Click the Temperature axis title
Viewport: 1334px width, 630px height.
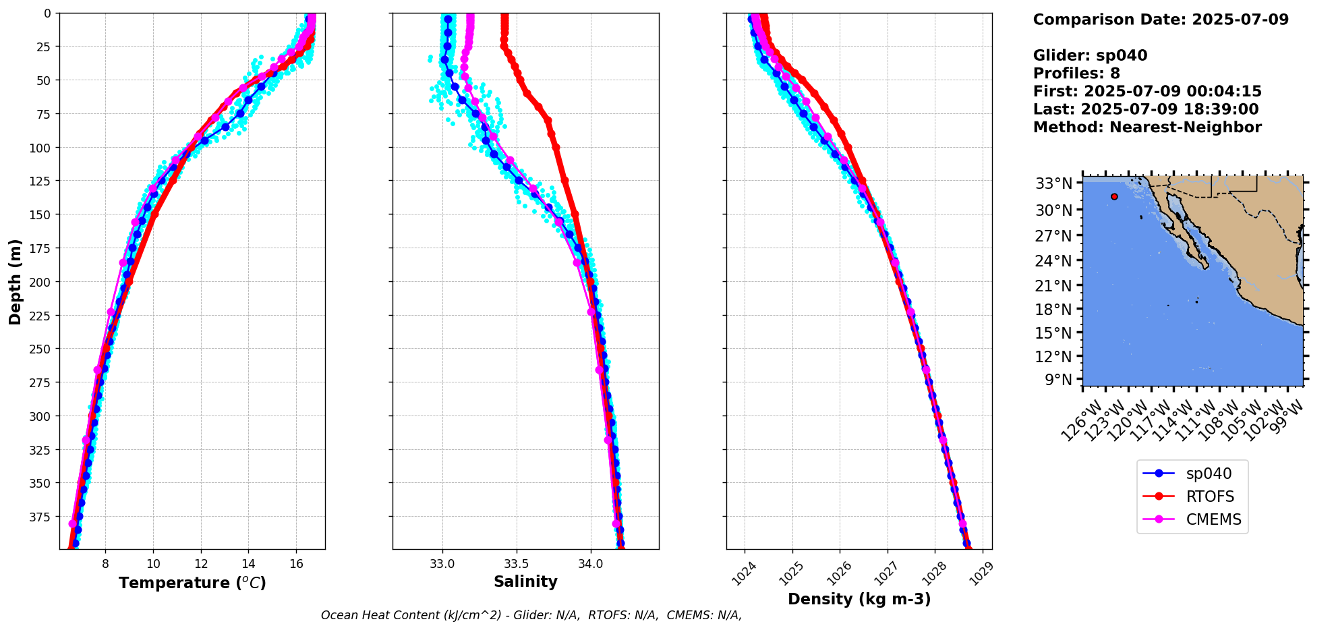[x=192, y=583]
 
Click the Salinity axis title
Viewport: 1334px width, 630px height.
[x=525, y=581]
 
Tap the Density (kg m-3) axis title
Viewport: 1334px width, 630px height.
[x=859, y=599]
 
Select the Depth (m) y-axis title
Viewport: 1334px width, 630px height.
[x=15, y=281]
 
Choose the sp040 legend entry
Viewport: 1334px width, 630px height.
[x=1207, y=474]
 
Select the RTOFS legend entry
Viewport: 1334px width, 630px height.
[x=1210, y=497]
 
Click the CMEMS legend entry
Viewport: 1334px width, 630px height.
[x=1213, y=520]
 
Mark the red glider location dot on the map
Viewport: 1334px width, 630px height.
[x=1114, y=197]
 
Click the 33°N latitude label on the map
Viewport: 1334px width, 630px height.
[x=1053, y=183]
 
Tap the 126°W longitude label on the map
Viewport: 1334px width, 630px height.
[x=1082, y=422]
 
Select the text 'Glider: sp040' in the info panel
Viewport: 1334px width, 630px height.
[x=1090, y=55]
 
